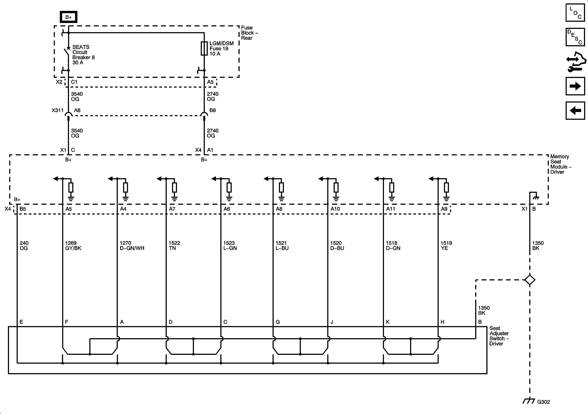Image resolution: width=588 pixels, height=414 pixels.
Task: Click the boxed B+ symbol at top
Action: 68,17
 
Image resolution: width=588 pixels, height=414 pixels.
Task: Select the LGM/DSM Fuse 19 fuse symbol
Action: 204,48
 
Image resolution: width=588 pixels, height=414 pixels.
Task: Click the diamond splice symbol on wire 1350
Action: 530,280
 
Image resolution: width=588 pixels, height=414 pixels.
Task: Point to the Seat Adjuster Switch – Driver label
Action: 499,336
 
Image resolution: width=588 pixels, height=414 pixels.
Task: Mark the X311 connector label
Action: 57,110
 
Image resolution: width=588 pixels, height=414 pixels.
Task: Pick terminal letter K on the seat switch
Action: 388,322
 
